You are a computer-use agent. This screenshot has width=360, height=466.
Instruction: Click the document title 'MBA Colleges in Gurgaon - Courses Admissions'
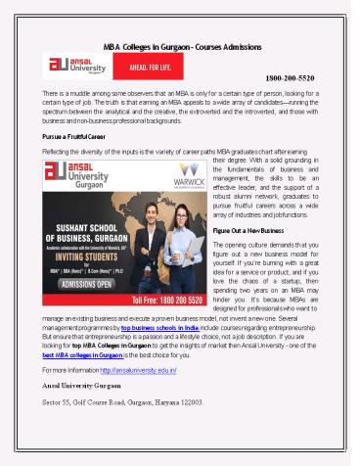tap(180, 46)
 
